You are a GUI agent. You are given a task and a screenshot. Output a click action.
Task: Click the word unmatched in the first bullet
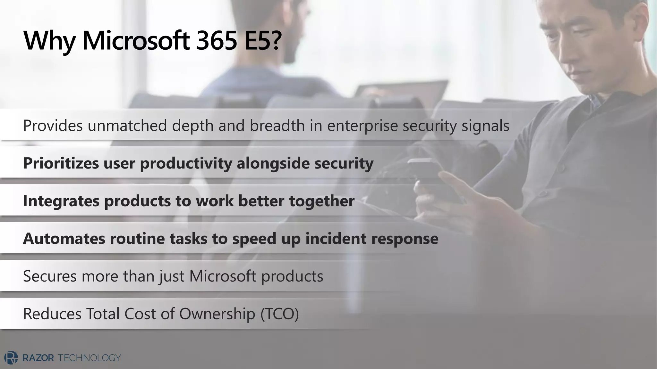point(127,125)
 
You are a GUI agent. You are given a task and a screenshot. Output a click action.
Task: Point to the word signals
point(485,125)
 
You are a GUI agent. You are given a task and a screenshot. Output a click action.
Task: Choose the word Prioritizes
point(61,163)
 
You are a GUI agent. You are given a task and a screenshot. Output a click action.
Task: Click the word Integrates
point(61,201)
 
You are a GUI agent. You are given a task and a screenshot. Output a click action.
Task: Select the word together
point(322,201)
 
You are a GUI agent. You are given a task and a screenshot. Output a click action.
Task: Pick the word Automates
point(64,239)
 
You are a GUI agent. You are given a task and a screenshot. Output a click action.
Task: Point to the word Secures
point(50,276)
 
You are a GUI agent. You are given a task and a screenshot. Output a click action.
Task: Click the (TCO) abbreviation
point(279,314)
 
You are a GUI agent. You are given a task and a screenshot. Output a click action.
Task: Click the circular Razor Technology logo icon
point(11,358)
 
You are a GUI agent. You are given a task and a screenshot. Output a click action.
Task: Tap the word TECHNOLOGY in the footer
point(89,358)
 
